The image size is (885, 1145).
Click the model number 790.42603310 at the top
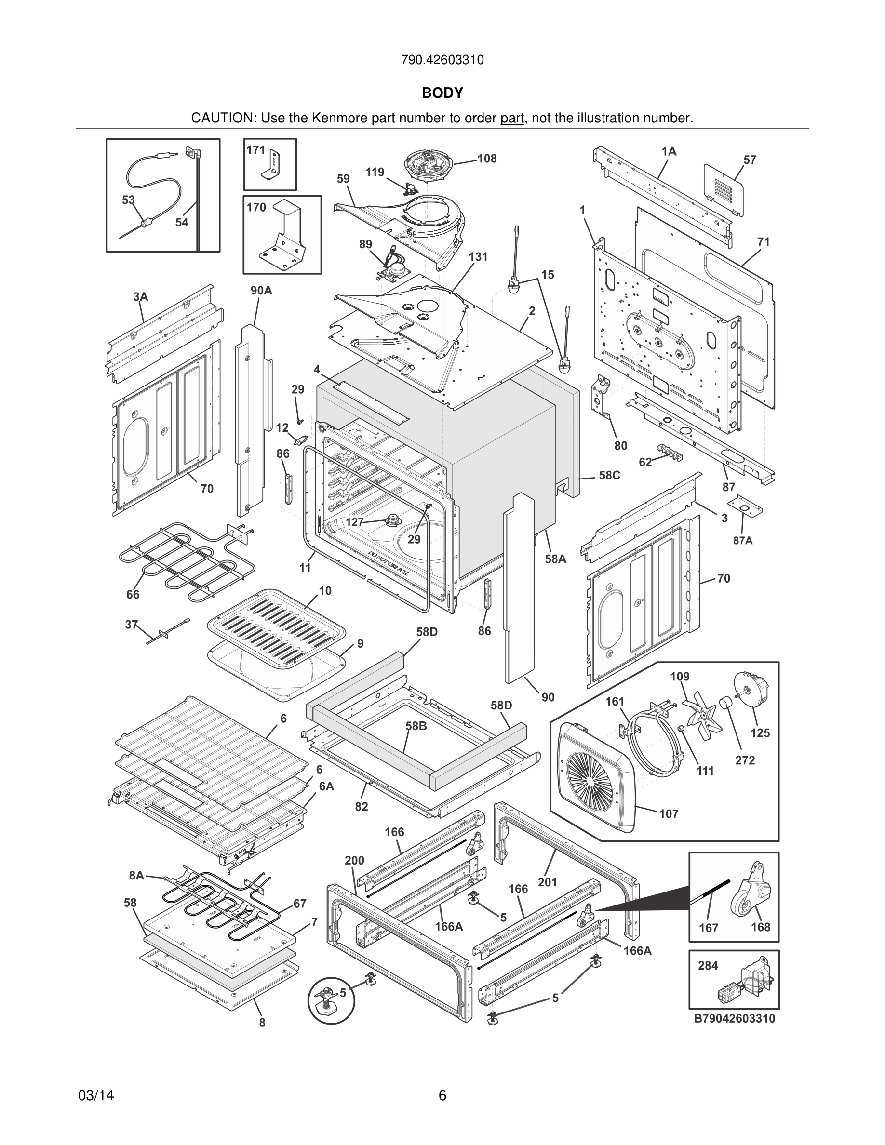tap(442, 60)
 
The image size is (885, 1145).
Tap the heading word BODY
tap(442, 93)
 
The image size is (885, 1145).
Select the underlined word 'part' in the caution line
tap(512, 119)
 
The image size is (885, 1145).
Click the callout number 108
tap(486, 159)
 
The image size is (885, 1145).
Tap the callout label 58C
tap(609, 476)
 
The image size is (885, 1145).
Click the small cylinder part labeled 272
tap(725, 702)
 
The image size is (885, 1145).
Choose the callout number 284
tap(707, 966)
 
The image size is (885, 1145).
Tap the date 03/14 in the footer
tap(96, 1095)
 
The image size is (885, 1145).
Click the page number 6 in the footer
tap(442, 1095)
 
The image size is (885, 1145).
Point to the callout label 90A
tap(261, 291)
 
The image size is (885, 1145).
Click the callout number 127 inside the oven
tap(354, 522)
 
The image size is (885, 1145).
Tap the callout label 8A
tap(136, 875)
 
